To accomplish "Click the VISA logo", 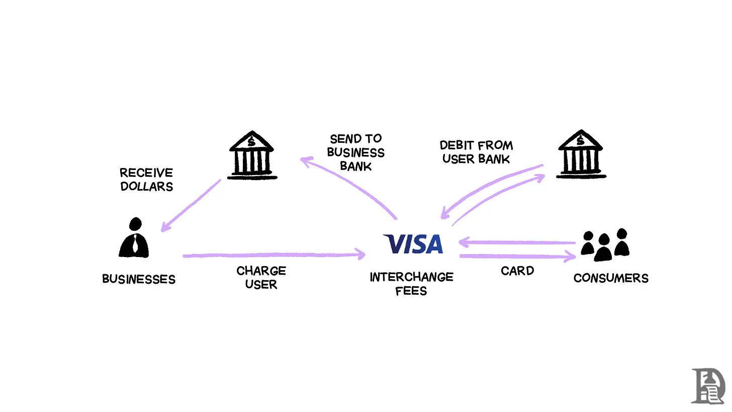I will [x=413, y=244].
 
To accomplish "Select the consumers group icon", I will [x=605, y=244].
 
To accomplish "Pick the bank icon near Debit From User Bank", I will [x=581, y=155].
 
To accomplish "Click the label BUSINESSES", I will [x=139, y=279].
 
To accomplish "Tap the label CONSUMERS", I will [x=611, y=278].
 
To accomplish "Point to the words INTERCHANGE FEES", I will [x=411, y=284].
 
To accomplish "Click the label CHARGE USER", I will [x=261, y=278].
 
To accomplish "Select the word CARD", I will [x=517, y=271].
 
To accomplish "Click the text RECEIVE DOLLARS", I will [x=146, y=180].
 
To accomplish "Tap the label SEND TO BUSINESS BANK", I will [x=356, y=152].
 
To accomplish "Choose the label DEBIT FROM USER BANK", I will [x=476, y=152].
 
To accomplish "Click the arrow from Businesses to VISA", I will [x=274, y=255].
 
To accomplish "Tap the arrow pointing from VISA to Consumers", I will [x=518, y=257].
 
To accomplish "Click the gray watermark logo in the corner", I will [x=708, y=386].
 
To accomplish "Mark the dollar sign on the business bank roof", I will [x=251, y=142].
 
